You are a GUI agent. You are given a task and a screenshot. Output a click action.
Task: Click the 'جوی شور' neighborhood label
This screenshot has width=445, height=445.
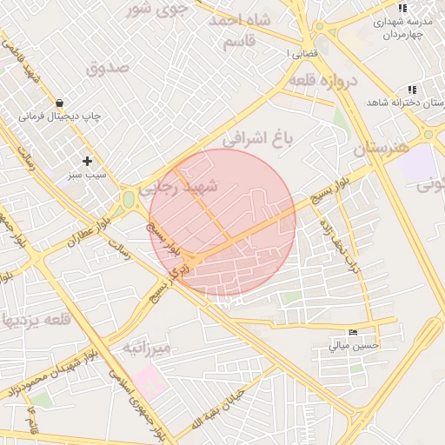click(x=156, y=10)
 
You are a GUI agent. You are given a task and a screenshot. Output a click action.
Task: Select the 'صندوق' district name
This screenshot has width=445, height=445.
click(x=108, y=66)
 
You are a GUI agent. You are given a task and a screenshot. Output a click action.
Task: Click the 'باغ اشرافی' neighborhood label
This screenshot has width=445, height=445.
click(x=260, y=137)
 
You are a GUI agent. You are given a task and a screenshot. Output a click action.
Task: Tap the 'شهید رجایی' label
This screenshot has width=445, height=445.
click(x=188, y=186)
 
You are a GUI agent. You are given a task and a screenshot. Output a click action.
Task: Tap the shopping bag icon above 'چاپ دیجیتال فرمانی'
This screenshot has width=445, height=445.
click(x=58, y=102)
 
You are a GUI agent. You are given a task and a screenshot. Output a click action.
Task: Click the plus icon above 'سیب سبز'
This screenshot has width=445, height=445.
click(x=87, y=161)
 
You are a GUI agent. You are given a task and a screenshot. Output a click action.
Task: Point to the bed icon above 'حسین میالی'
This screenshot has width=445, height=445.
click(x=353, y=332)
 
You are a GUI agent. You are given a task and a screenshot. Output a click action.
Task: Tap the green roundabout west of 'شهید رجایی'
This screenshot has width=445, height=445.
click(x=129, y=200)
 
